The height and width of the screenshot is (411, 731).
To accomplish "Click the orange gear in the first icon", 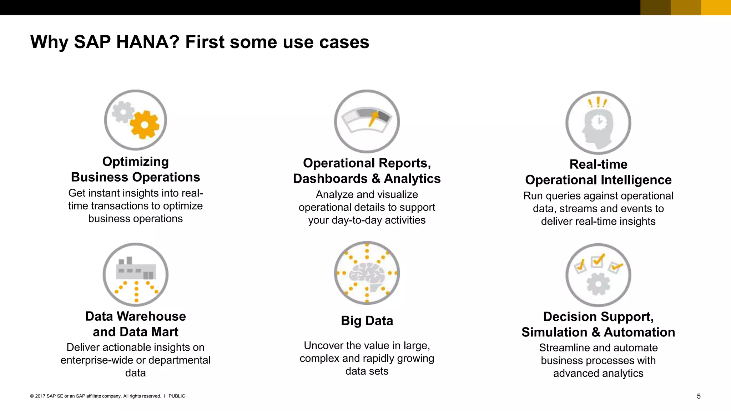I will pos(145,125).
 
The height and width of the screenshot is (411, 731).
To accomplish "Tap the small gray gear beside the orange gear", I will pos(123,112).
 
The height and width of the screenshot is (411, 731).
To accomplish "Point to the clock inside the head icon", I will pos(599,122).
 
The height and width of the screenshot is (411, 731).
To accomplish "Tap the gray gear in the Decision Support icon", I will pos(598,284).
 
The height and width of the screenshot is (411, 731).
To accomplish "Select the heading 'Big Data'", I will pos(367,321).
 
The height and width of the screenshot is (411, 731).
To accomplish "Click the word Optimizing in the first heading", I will pos(136,162).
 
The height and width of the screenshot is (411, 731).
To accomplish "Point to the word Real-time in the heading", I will pos(598,164).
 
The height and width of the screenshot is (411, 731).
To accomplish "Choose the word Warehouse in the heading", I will pos(151,316).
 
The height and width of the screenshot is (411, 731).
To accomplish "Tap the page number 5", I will pos(699,396).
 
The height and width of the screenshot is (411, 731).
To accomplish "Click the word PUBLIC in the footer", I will pos(177,396).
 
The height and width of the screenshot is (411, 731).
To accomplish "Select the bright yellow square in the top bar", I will pos(716,7).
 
